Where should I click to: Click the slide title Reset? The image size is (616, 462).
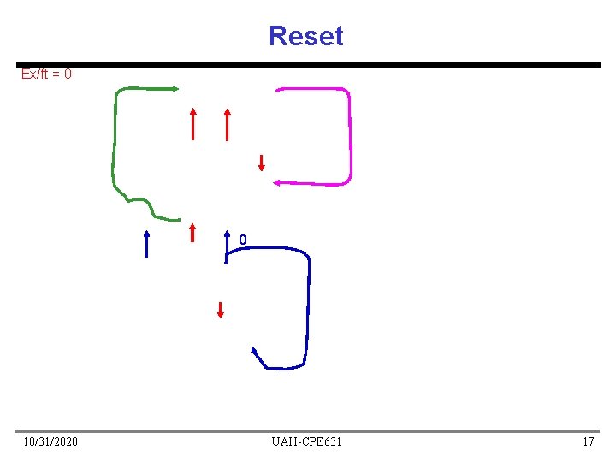(305, 36)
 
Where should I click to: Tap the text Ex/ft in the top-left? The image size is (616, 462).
(34, 74)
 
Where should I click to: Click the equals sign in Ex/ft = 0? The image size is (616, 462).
(55, 74)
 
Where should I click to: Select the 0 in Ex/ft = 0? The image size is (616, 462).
(68, 74)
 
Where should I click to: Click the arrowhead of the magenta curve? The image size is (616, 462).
(277, 181)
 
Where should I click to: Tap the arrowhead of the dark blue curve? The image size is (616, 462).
(254, 351)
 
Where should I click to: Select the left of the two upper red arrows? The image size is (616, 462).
(193, 123)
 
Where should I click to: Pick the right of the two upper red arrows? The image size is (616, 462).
(227, 123)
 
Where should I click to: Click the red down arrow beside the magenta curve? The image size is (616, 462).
(262, 162)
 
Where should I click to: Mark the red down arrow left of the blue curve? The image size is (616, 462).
(220, 309)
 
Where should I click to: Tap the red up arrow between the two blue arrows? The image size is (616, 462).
(193, 233)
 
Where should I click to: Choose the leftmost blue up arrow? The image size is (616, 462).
(147, 244)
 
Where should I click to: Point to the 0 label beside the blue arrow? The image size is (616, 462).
(243, 240)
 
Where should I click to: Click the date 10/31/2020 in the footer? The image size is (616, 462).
(50, 441)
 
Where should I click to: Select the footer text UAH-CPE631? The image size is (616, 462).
(306, 441)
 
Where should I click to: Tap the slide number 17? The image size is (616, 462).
(588, 441)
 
